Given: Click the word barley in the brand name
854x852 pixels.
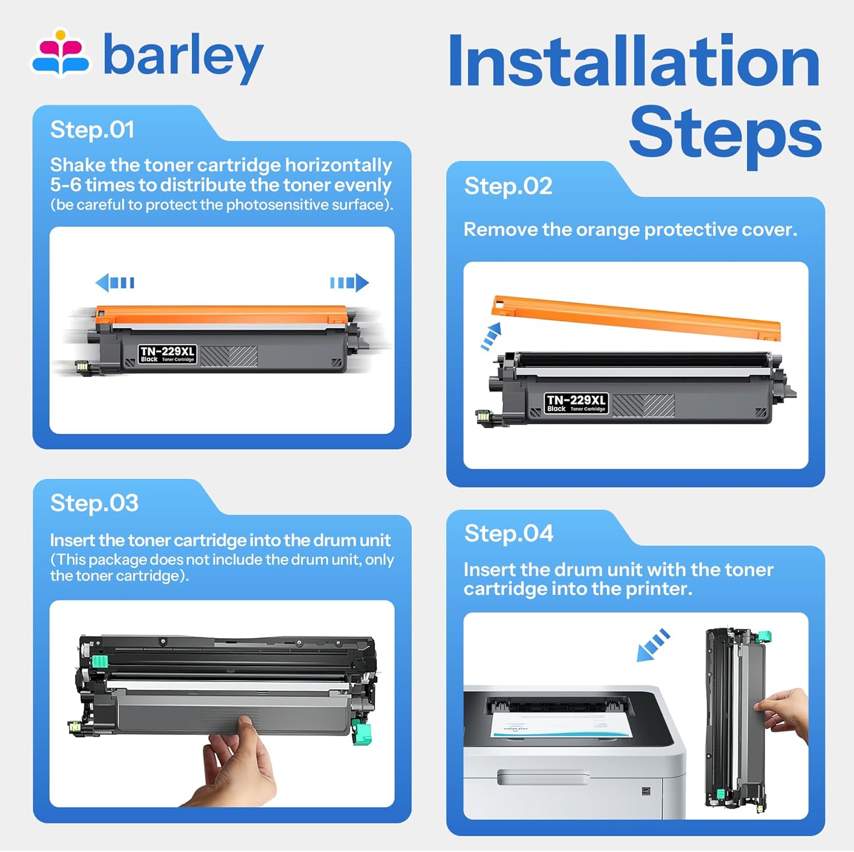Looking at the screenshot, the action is coord(183,56).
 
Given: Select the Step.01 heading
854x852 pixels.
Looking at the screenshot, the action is coord(92,130).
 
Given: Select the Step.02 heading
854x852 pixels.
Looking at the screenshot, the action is coord(508,186).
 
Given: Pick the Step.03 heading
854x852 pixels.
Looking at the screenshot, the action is coord(95,503).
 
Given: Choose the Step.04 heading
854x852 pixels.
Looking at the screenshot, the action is coord(509,533).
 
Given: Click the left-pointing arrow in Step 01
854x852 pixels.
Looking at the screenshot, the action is coord(115,283).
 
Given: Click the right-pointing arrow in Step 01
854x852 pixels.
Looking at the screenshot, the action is coord(350,283).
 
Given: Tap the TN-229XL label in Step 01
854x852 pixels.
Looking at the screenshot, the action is coord(167,354).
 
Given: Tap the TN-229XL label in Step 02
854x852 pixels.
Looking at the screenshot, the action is coord(576,403).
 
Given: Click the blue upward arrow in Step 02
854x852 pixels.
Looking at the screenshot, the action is coord(491,336).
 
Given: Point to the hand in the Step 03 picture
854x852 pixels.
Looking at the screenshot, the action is coord(233,762).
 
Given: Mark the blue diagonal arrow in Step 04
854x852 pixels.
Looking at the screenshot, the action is coord(653,645).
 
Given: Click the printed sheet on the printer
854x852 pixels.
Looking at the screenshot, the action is coord(561,725).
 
